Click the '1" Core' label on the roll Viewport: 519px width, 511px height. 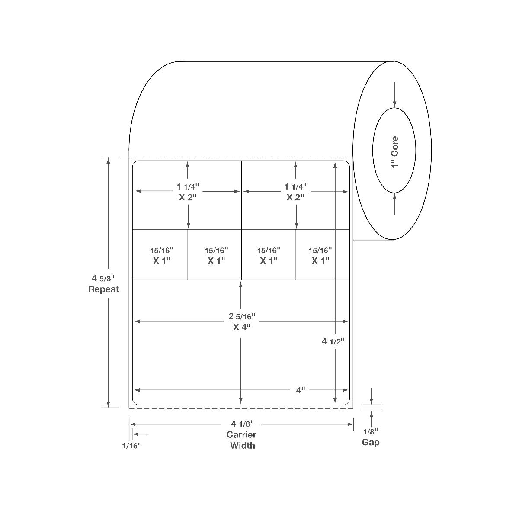pyautogui.click(x=394, y=152)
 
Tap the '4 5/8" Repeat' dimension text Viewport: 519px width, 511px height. pyautogui.click(x=103, y=283)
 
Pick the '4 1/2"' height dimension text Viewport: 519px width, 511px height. pyautogui.click(x=333, y=341)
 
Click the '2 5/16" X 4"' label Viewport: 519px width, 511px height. pyautogui.click(x=242, y=321)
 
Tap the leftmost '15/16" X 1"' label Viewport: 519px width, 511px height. pyautogui.click(x=162, y=255)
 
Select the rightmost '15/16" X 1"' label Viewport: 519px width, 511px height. pyautogui.click(x=320, y=255)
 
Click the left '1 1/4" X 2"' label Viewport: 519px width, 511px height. pyautogui.click(x=188, y=192)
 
